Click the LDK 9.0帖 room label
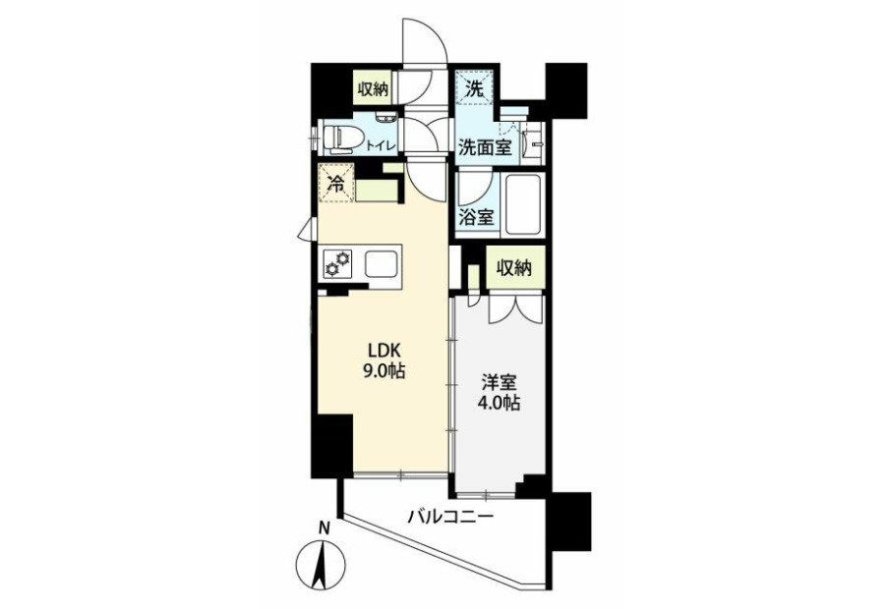387,360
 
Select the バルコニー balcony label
451,516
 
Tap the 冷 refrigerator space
336,183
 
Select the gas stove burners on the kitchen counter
336,264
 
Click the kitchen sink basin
382,263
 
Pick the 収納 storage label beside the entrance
373,88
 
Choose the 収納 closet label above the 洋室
514,268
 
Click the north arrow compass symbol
320,564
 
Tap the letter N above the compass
324,528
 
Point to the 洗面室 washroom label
485,147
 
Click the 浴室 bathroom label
476,217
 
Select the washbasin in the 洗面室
533,143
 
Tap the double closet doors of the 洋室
515,307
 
